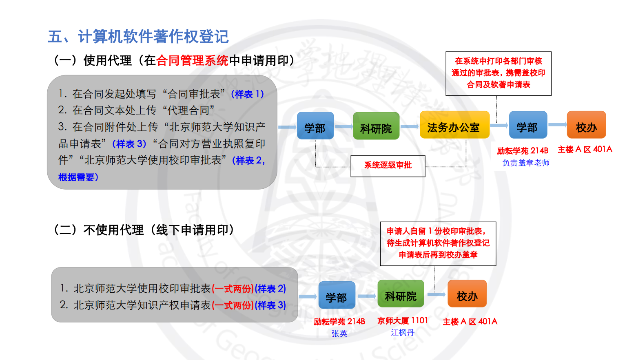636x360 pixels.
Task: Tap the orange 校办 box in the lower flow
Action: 467,294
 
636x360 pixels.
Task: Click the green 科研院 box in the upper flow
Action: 376,126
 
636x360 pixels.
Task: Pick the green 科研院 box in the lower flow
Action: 401,294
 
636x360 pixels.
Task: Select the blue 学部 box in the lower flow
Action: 337,295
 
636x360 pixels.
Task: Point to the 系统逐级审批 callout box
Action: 388,166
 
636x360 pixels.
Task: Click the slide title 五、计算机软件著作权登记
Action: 138,37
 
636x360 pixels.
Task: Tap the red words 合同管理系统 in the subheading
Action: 192,61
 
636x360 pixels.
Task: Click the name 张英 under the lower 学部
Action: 339,333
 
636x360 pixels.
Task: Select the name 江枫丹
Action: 403,333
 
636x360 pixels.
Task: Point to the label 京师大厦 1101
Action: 403,321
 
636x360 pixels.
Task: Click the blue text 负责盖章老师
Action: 525,163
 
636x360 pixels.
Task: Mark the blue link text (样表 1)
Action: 248,94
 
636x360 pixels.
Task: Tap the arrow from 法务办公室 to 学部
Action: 499,125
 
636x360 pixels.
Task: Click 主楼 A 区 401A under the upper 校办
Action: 585,150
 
